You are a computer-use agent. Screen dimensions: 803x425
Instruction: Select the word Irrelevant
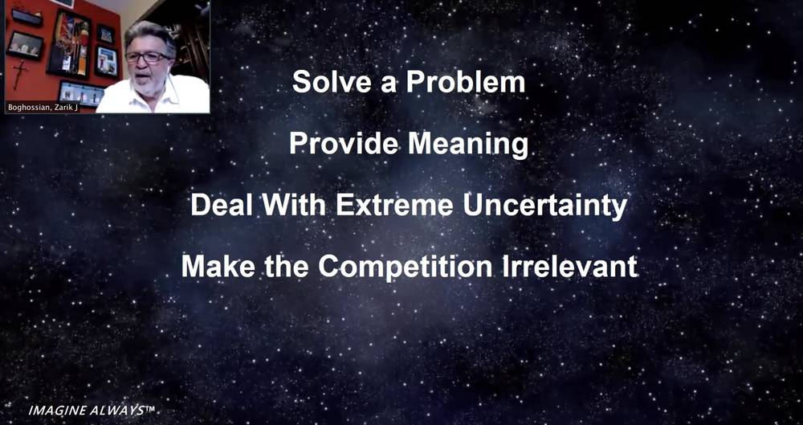coord(569,267)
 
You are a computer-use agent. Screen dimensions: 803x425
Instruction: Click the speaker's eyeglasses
coord(148,56)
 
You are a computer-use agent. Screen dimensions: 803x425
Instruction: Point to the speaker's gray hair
coord(149,35)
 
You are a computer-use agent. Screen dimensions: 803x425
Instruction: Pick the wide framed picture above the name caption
coord(81,94)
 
